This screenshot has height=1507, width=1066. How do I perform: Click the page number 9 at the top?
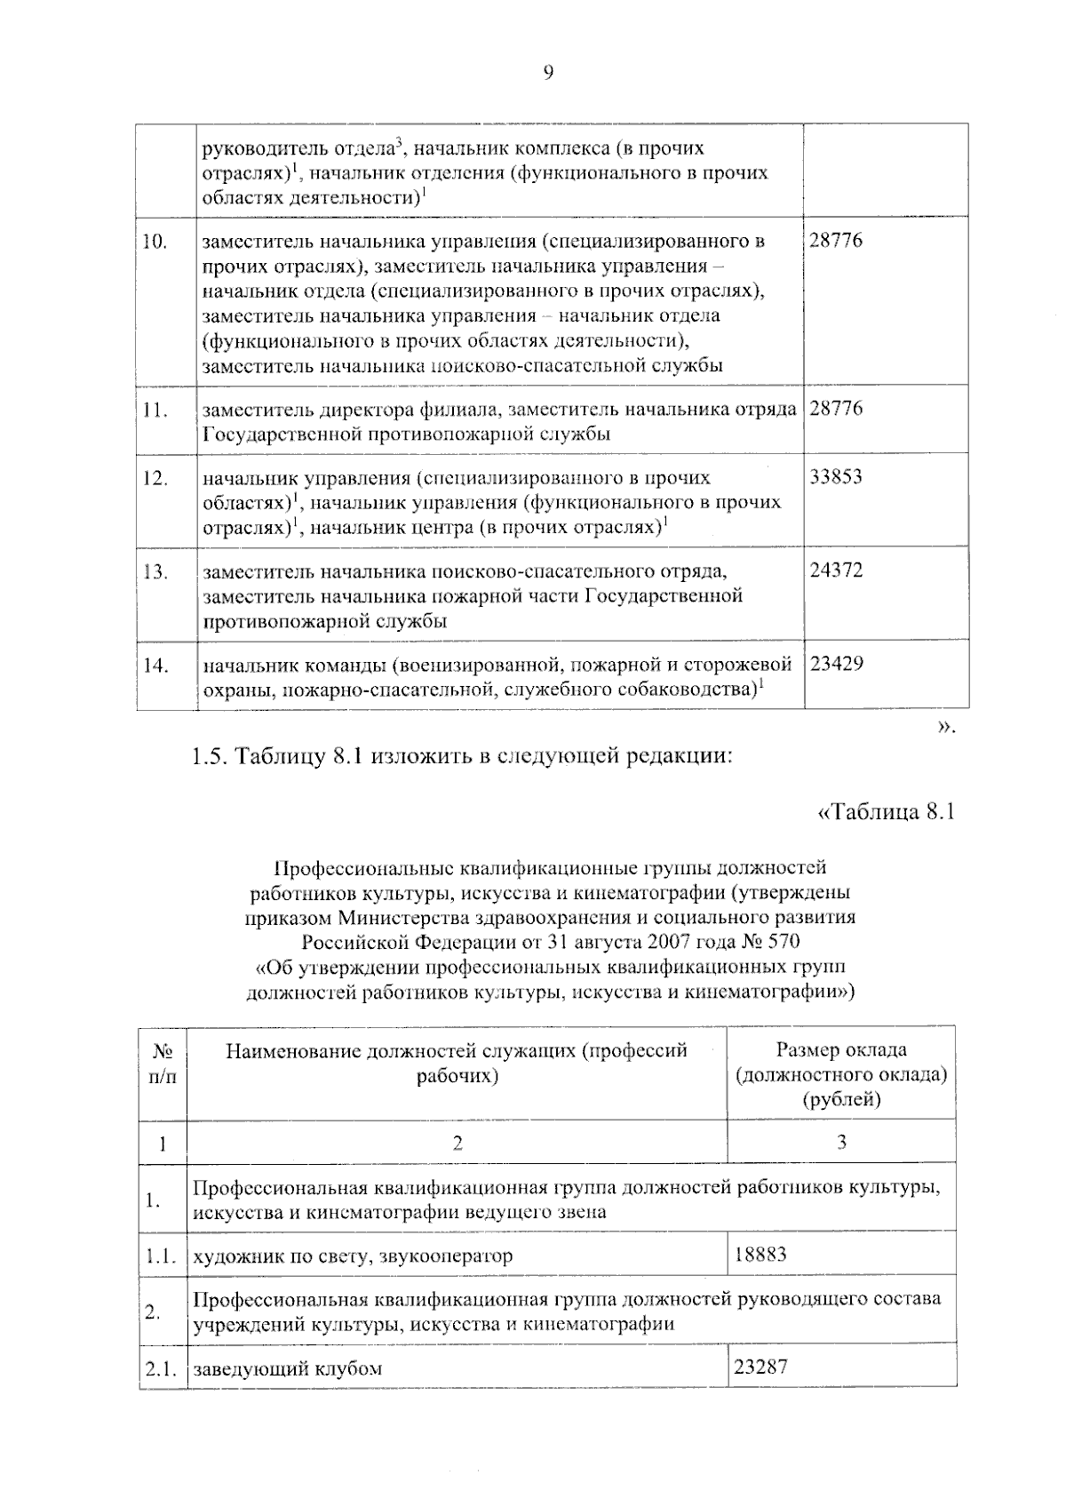(547, 74)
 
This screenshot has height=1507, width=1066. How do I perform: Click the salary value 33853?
(836, 477)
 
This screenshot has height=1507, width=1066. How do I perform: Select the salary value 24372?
(836, 570)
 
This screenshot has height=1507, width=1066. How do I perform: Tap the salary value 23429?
(836, 664)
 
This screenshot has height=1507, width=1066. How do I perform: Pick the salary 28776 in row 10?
(836, 241)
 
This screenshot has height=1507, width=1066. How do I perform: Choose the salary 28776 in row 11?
(836, 409)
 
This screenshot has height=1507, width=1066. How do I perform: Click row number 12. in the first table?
(156, 478)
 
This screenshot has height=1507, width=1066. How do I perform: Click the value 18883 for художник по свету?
(760, 1254)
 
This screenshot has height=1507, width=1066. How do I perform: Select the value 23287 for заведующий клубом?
(760, 1366)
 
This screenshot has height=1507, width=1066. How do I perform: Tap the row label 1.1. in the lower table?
(162, 1256)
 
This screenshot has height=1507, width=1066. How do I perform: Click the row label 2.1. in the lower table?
(162, 1368)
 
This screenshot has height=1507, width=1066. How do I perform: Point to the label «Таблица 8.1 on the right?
(885, 812)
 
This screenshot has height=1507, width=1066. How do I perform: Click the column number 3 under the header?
(840, 1143)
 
